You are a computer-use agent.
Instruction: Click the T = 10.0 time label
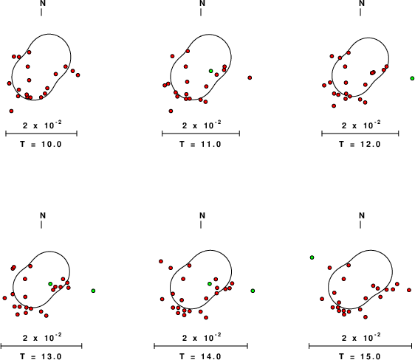41,145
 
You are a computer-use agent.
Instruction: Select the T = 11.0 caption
200,145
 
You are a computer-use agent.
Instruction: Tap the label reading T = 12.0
360,145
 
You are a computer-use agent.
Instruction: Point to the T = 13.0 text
41,356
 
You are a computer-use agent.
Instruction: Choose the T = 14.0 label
200,356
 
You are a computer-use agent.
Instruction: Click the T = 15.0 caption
360,356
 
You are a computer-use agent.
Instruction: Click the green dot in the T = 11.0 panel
211,71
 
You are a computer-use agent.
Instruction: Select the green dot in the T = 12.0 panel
412,78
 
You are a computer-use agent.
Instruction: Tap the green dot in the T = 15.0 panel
312,257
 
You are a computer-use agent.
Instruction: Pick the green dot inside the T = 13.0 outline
50,284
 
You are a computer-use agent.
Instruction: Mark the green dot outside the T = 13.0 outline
93,291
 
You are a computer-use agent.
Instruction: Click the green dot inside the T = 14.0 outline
210,284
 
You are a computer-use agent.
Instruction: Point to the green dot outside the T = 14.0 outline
253,291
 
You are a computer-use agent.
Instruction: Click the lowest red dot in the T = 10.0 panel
11,111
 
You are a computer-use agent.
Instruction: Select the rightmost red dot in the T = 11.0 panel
250,77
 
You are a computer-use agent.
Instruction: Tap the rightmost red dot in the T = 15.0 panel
409,290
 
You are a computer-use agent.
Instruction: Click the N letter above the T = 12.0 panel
362,4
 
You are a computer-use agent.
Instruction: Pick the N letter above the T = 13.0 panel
43,215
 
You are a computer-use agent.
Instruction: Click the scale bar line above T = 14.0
201,345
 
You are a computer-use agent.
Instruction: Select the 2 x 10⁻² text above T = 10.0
42,125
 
